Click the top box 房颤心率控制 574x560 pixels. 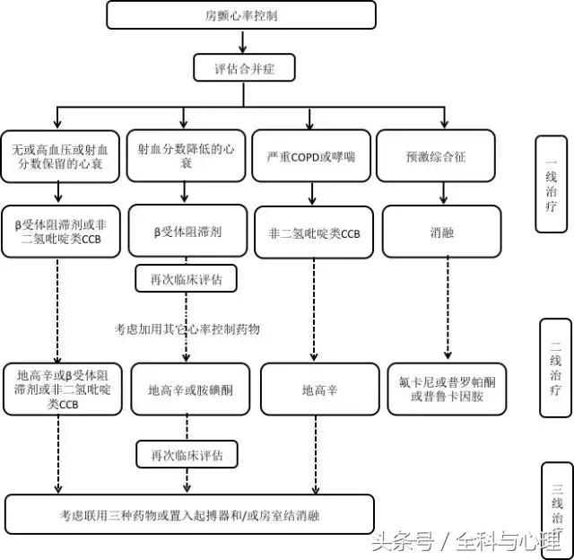(240, 15)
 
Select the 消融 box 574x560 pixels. (441, 232)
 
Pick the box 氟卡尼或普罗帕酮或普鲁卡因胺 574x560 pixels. (447, 389)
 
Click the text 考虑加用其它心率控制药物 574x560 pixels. (187, 329)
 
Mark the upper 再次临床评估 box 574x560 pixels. (187, 279)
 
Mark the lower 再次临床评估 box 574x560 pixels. (187, 453)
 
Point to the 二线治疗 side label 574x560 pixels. (553, 367)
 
